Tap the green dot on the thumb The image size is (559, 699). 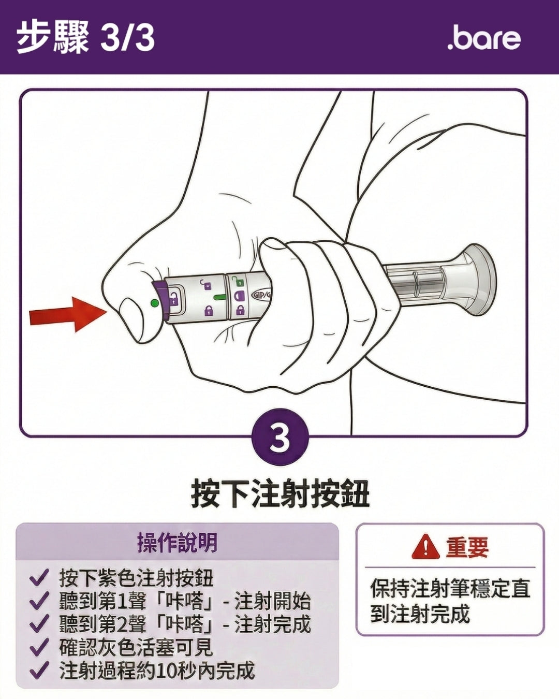(155, 303)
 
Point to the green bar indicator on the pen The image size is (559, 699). (219, 297)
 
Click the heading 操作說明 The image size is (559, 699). (177, 543)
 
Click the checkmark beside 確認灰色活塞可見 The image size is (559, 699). (39, 647)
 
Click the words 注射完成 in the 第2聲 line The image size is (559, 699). (273, 624)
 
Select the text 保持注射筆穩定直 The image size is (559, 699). (450, 589)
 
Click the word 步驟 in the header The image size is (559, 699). (53, 38)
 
